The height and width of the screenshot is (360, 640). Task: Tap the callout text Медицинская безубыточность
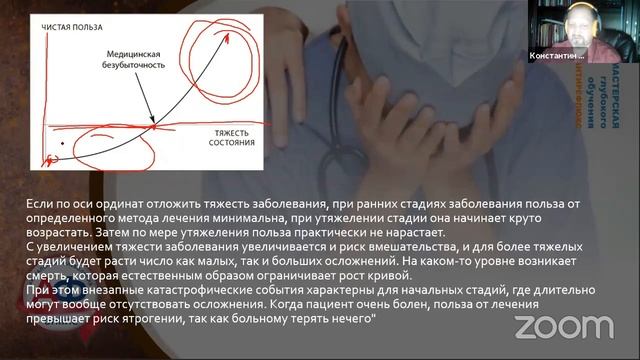[x=137, y=59]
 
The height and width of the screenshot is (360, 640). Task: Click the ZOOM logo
[x=563, y=327]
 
